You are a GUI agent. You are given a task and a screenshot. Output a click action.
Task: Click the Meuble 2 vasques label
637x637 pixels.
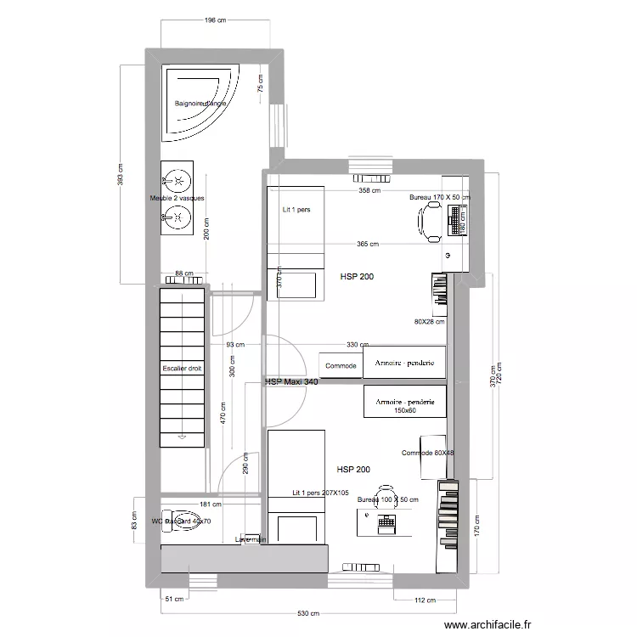point(177,198)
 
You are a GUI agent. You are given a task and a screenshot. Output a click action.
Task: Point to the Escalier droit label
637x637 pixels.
point(183,369)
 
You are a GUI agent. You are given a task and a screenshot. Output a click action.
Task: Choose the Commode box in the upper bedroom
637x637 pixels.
point(341,365)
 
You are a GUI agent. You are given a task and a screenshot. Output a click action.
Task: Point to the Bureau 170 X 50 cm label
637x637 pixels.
point(439,197)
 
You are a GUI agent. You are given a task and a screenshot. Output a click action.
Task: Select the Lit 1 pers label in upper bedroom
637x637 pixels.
point(296,209)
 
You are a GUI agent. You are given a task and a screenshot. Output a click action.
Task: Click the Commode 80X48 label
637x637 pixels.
point(428,453)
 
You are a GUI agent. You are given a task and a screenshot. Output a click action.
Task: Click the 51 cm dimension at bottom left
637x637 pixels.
point(173,600)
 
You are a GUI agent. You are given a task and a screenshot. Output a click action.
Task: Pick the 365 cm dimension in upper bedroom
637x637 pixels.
point(368,245)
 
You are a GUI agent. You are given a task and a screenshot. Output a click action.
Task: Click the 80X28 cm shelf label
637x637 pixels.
point(429,322)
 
